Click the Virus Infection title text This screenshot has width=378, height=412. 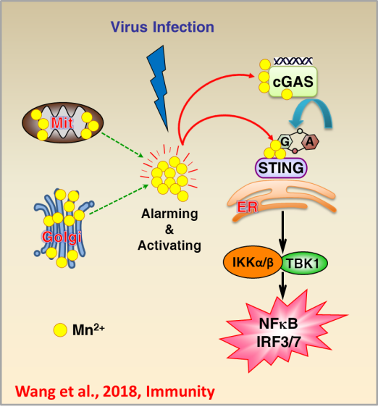click(162, 27)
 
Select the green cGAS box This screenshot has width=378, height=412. click(293, 82)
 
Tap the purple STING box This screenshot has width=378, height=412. click(281, 168)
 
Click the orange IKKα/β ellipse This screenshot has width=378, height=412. click(253, 262)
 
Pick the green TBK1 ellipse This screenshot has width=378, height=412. click(303, 264)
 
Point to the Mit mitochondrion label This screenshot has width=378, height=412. click(62, 123)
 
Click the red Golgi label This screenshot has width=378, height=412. click(62, 237)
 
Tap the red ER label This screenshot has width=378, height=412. click(248, 207)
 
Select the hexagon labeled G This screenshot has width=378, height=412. click(285, 142)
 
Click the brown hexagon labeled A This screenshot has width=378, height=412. click(310, 142)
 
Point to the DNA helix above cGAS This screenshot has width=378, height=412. click(293, 62)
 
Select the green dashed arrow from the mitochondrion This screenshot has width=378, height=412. click(122, 145)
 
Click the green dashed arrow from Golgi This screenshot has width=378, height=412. click(119, 199)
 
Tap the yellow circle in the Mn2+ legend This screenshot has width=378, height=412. click(60, 329)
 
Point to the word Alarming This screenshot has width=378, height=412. click(169, 214)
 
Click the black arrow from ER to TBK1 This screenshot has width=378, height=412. click(282, 232)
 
